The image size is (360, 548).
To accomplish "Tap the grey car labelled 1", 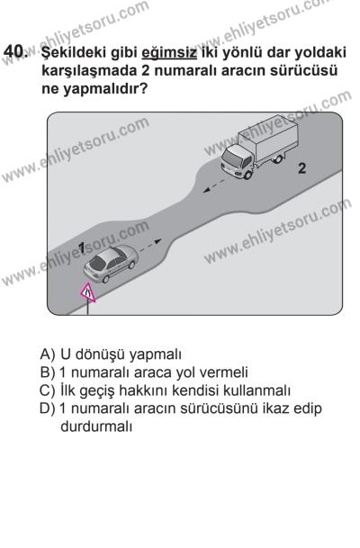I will click(x=110, y=263).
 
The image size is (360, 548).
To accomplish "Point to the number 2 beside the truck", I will click(x=301, y=168).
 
